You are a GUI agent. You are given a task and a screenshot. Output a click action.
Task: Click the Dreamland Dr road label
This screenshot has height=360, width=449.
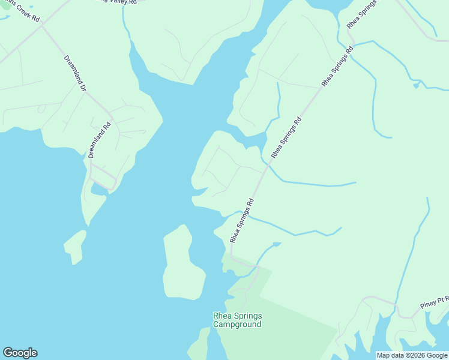pos(75,73)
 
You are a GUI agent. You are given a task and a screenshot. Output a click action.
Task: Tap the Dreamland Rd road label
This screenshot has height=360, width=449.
pos(100,140)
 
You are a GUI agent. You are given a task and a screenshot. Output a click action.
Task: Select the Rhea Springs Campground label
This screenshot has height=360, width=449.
pos(238,320)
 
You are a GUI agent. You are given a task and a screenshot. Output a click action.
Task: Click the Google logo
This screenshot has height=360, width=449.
pos(20,353)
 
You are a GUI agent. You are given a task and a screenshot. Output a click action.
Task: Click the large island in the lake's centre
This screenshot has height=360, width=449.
pos(182,264)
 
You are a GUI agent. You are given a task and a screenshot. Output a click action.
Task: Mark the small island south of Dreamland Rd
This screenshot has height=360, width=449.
pos(75,246)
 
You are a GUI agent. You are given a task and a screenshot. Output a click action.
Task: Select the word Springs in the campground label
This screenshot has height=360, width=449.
pos(249,316)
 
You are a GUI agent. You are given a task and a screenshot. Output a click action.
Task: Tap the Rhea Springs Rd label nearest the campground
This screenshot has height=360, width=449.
pos(243,221)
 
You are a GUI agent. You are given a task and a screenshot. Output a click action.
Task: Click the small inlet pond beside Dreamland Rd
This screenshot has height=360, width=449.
pos(97,190)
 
